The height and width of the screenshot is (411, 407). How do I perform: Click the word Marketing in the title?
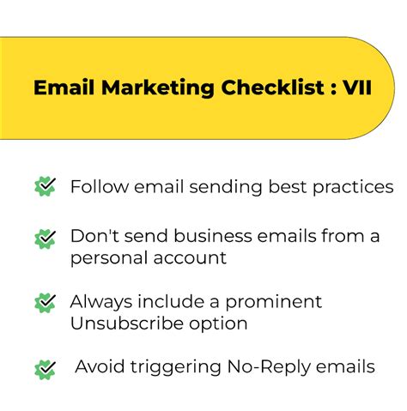pyautogui.click(x=158, y=88)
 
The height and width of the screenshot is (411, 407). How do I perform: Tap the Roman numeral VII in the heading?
pyautogui.click(x=357, y=87)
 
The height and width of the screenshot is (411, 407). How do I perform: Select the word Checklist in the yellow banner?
pyautogui.click(x=272, y=87)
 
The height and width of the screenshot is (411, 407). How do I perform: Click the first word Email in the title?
pyautogui.click(x=64, y=87)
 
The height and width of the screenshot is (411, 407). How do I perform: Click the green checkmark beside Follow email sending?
pyautogui.click(x=45, y=186)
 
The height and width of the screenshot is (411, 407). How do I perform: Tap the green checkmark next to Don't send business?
pyautogui.click(x=45, y=239)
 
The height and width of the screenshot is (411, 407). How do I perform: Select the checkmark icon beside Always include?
pyautogui.click(x=45, y=303)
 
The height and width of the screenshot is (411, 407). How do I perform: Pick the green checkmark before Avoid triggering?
pyautogui.click(x=45, y=370)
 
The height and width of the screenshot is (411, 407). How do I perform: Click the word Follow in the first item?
pyautogui.click(x=100, y=187)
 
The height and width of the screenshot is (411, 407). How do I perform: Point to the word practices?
pyautogui.click(x=353, y=188)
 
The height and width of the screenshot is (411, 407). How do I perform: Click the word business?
pyautogui.click(x=213, y=236)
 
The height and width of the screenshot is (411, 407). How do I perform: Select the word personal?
pyautogui.click(x=109, y=258)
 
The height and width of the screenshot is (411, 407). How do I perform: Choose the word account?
pyautogui.click(x=190, y=258)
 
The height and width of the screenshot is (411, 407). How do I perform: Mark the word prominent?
pyautogui.click(x=274, y=302)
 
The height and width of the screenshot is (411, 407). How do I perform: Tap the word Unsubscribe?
pyautogui.click(x=126, y=323)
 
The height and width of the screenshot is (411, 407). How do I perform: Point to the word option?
pyautogui.click(x=218, y=324)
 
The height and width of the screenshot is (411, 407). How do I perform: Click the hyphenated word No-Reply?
pyautogui.click(x=269, y=367)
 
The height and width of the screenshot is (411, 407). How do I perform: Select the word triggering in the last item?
pyautogui.click(x=176, y=367)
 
